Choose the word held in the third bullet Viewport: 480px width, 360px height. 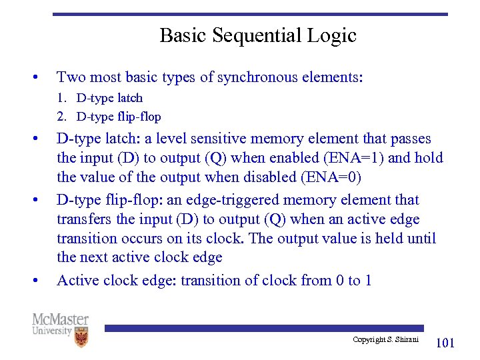[391, 239]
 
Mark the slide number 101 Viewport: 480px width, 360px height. [445, 343]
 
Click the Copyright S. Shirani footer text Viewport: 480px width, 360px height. [385, 340]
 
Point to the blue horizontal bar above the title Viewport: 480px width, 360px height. [250, 14]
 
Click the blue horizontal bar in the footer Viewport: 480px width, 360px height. [264, 328]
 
